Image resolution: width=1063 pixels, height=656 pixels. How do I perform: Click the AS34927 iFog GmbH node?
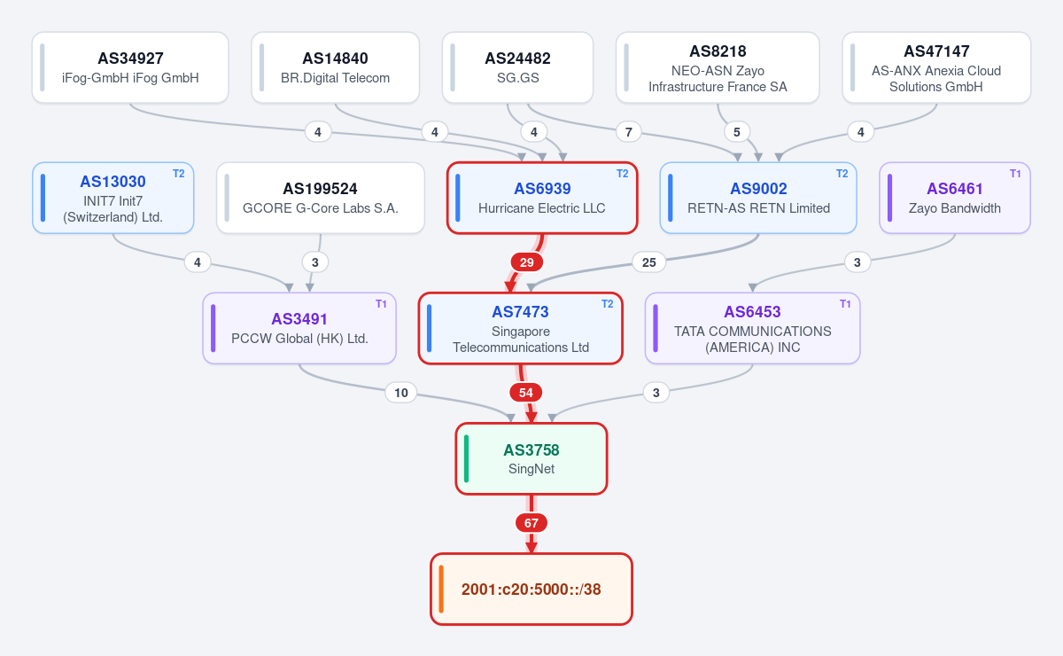coord(130,67)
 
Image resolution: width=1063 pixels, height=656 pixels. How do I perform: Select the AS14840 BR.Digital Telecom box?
coord(335,67)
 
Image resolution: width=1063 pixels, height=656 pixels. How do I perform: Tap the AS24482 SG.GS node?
coord(517,67)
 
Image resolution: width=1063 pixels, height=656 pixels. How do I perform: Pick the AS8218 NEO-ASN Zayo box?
coord(718,67)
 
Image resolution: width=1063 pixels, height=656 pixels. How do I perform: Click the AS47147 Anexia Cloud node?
coord(936,67)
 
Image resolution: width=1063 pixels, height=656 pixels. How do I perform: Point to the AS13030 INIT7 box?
coord(113,198)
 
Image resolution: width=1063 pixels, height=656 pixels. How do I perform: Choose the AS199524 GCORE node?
coord(321,198)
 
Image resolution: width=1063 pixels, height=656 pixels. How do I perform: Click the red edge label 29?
coord(527,262)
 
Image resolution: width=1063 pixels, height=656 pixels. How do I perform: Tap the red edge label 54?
coord(526,393)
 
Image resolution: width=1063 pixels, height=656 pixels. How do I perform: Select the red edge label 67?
coord(531,523)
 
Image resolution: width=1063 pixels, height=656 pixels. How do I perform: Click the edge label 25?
coord(648,262)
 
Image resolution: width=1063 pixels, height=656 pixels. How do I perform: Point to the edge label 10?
coord(401,393)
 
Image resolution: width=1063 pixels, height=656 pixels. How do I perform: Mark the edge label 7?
coord(628,132)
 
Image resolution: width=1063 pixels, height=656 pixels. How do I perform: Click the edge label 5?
coord(736,132)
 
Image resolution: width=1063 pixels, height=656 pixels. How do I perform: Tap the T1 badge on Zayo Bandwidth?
coord(1015,174)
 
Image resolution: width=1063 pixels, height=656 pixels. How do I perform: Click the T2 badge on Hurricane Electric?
coord(622,174)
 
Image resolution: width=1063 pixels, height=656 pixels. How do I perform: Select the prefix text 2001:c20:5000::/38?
coord(531,590)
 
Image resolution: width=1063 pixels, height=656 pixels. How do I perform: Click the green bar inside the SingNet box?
coord(467,459)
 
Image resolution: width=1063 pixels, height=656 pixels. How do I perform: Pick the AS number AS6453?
coord(752,312)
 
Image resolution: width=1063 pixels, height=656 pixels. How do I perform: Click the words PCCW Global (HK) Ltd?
coord(299,339)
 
